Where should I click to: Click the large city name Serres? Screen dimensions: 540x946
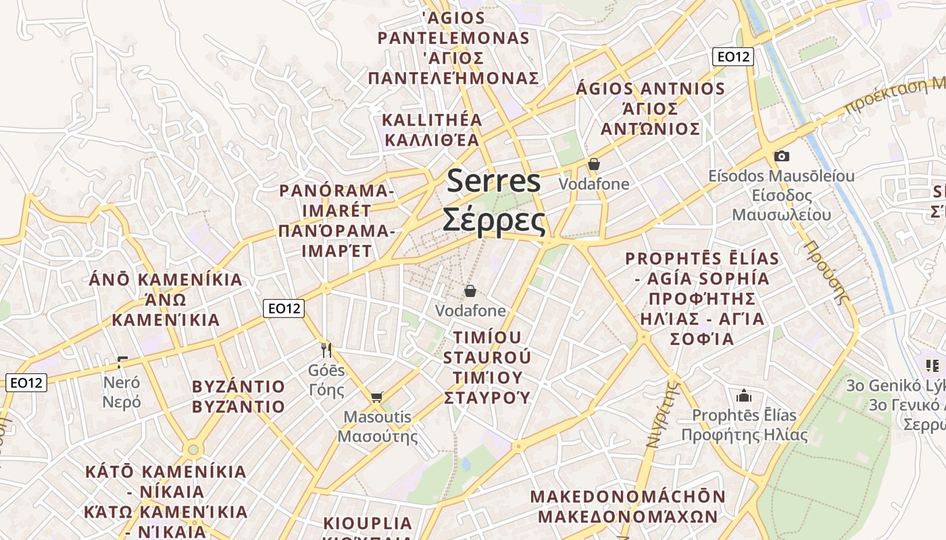coord(494,200)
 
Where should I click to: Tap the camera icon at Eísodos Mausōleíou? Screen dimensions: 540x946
coord(781,157)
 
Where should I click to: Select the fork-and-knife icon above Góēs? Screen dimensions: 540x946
coord(326,350)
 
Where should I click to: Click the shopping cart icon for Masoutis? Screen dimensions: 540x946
coord(376,397)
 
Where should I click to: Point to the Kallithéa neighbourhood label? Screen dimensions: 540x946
coord(432,130)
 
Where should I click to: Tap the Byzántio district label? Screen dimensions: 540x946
coord(239,396)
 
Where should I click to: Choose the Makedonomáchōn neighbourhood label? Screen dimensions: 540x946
coord(628,506)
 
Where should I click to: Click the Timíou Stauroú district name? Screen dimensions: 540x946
coord(487,367)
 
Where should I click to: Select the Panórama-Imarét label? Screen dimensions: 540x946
coord(337,220)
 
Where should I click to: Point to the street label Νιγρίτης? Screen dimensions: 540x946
coord(662,414)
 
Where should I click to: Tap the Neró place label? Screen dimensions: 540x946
coord(122,392)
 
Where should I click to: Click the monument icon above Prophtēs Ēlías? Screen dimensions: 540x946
coord(744,395)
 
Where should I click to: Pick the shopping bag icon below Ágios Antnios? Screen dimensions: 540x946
coord(594,164)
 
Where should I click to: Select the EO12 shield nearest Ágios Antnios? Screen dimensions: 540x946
coord(733,57)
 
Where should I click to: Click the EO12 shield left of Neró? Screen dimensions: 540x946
coord(27,383)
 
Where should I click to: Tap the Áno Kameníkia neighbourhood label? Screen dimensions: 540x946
coord(166,299)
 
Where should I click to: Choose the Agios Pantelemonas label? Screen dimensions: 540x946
coord(453,47)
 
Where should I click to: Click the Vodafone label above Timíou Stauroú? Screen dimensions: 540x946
coord(470,310)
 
